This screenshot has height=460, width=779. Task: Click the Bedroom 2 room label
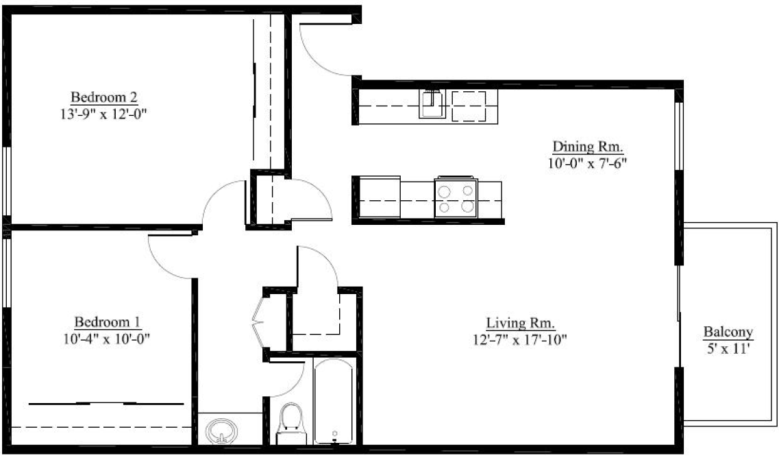(x=104, y=97)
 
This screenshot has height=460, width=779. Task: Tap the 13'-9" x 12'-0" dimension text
(x=104, y=114)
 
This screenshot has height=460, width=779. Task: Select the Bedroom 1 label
(x=108, y=322)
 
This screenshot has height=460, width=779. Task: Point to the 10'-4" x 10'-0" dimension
(x=107, y=339)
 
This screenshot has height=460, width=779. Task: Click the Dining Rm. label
(x=588, y=147)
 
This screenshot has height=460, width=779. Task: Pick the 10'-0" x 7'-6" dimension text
(x=588, y=163)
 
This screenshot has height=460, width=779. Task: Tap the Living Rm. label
(x=520, y=324)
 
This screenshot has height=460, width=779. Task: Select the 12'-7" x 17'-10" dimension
(x=520, y=339)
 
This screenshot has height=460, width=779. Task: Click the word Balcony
(x=728, y=332)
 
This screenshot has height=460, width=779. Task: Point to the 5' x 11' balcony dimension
(x=728, y=349)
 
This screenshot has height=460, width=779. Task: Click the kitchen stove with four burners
(x=456, y=197)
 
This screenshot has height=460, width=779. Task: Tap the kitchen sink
(x=432, y=104)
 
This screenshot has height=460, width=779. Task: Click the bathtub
(x=334, y=401)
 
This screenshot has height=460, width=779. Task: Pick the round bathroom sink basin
(x=222, y=431)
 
